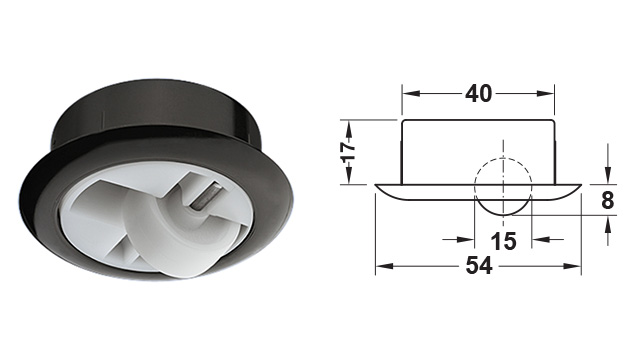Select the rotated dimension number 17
[348, 153]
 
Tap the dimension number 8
[607, 199]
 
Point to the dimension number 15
[503, 241]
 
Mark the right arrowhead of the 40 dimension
[553, 93]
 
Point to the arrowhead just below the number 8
[607, 221]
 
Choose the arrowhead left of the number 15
[471, 241]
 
